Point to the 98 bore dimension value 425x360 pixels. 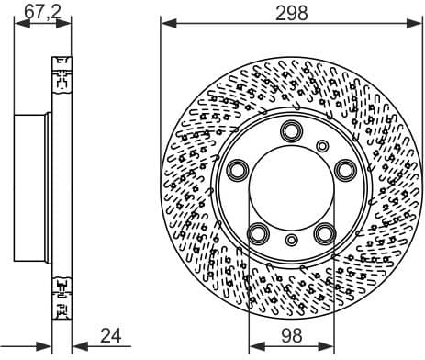click(x=292, y=336)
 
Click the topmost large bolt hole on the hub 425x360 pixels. click(x=292, y=129)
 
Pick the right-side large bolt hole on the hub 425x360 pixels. click(x=345, y=169)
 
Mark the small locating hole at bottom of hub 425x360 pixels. click(x=292, y=242)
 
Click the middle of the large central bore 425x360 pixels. click(x=292, y=186)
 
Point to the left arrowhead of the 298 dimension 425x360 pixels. click(x=165, y=25)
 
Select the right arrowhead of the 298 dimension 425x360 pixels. click(x=418, y=25)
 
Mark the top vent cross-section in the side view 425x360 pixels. click(x=63, y=75)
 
